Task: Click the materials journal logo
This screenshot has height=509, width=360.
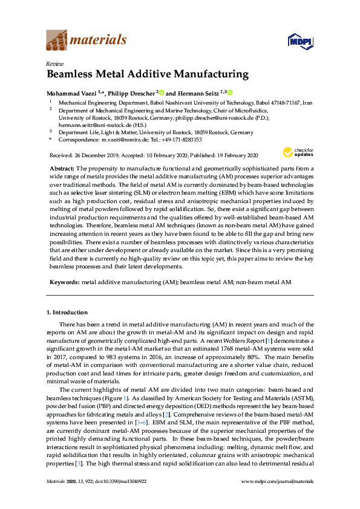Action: pyautogui.click(x=87, y=41)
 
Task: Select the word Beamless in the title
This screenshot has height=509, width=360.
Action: pyautogui.click(x=76, y=75)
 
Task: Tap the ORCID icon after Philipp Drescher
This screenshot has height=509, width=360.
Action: pyautogui.click(x=162, y=92)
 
